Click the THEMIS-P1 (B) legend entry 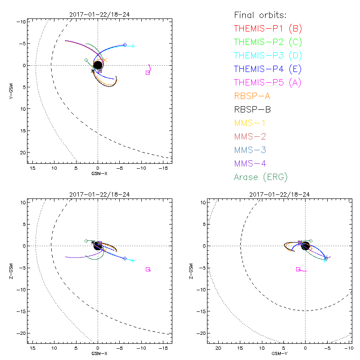(268, 29)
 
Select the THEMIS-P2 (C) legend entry (268, 42)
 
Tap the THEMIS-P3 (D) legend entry (268, 56)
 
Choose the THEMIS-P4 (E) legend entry (268, 69)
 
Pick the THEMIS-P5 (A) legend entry (268, 83)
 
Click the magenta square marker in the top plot (148, 72)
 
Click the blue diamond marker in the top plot (125, 45)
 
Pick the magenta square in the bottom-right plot (298, 269)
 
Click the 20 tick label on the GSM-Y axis (218, 348)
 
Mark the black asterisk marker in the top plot (93, 71)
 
